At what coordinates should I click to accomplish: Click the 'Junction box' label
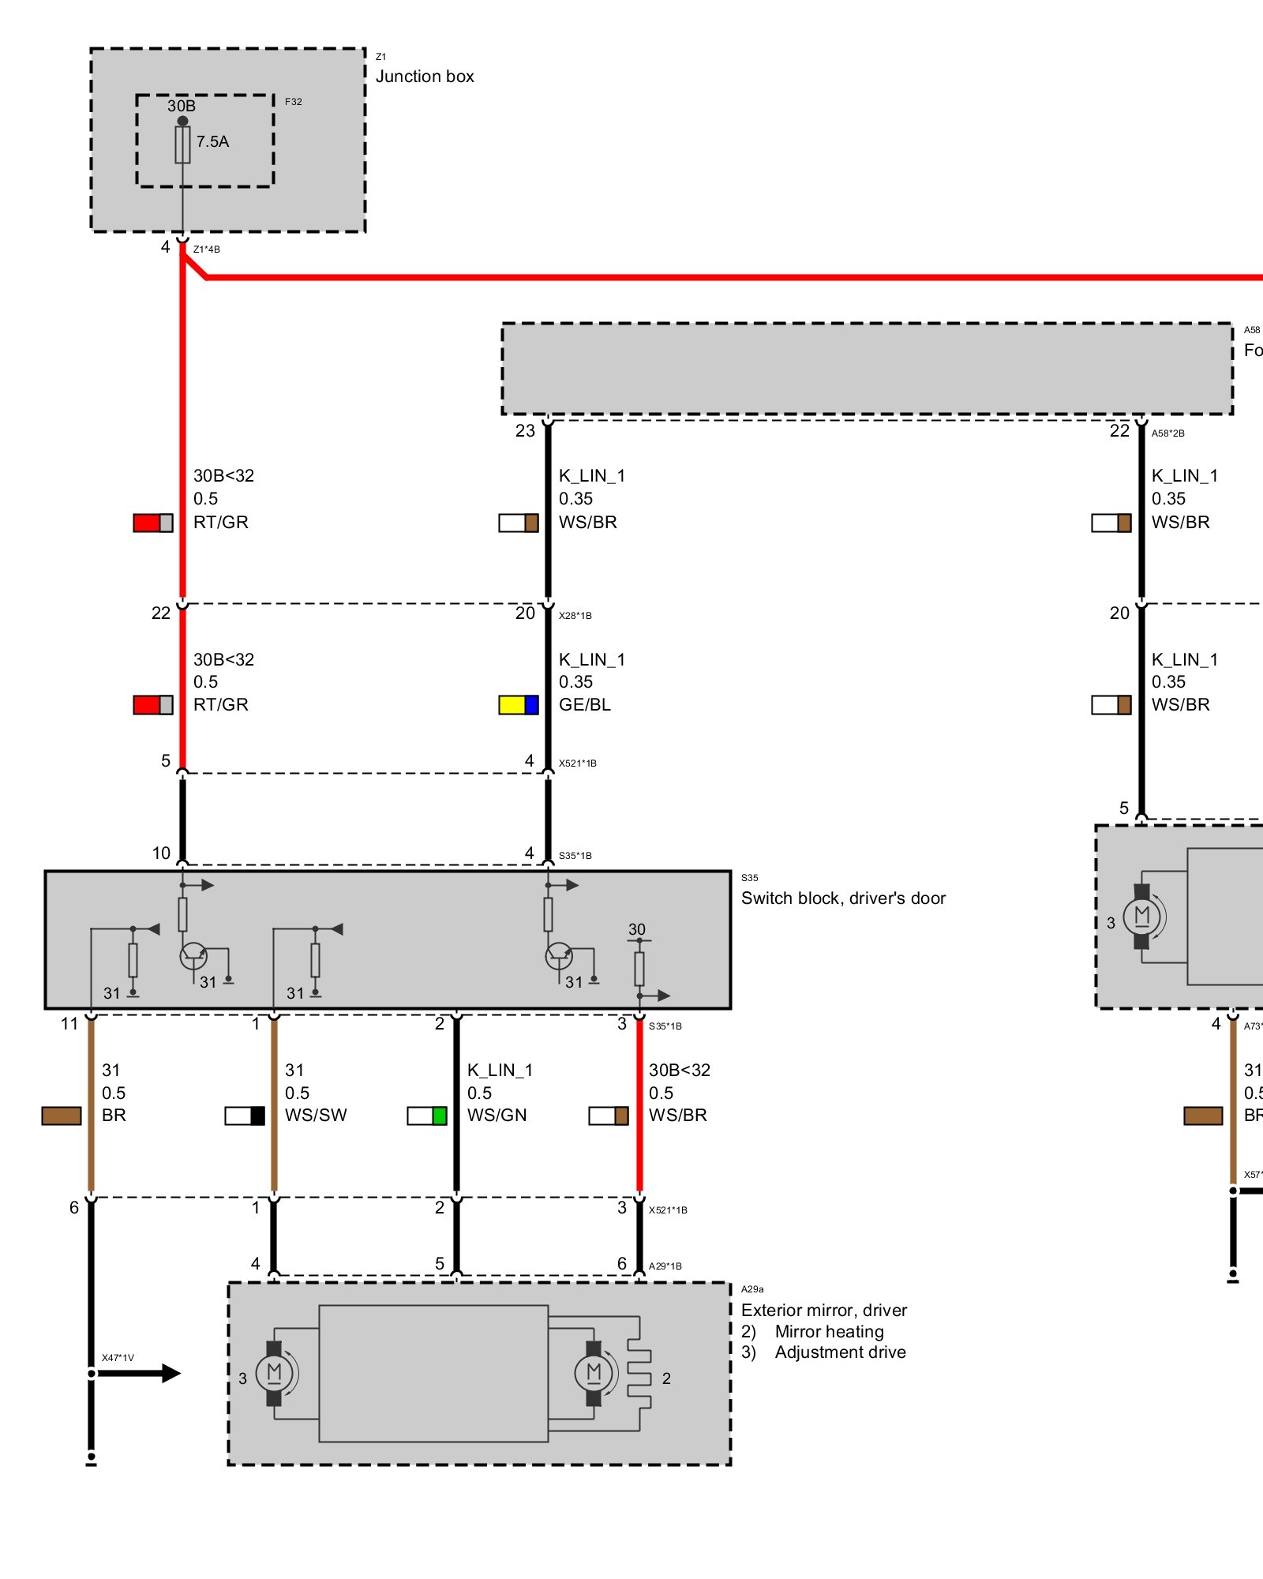425,77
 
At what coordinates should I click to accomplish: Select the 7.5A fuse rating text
212,142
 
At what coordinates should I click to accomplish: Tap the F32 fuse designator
293,102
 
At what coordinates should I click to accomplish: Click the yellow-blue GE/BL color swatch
519,705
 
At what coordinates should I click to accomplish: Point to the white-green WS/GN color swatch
427,1116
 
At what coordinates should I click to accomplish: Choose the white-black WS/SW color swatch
245,1116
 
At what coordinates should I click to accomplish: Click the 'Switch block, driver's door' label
843,898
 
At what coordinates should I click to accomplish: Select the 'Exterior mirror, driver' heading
824,1311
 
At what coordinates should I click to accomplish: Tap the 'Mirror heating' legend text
829,1332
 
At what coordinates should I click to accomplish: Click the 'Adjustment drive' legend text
840,1352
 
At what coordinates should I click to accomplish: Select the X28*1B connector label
575,616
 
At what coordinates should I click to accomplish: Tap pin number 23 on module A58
525,431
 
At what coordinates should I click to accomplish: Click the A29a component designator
752,1289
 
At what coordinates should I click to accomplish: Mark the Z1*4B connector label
207,249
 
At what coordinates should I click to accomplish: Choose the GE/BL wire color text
585,705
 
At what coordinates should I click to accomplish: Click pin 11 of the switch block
69,1024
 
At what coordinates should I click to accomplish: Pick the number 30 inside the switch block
637,929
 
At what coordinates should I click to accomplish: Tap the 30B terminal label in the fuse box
182,106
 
